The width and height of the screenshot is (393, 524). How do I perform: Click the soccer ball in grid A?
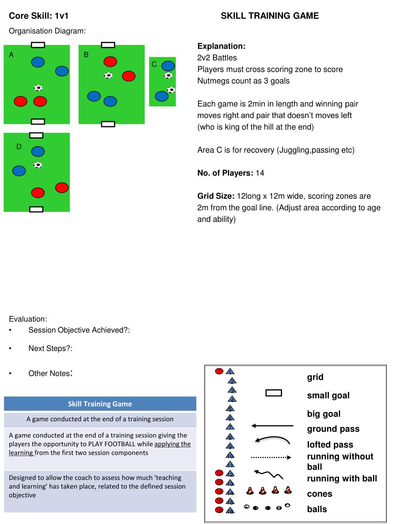point(38,88)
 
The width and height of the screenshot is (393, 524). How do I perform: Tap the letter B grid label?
point(86,55)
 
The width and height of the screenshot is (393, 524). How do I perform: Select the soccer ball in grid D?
point(38,165)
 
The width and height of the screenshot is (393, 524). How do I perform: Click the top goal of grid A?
point(38,45)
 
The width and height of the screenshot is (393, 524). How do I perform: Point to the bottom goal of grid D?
point(36,209)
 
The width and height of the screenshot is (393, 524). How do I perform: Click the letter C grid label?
point(154,64)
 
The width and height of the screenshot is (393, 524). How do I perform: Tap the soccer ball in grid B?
point(109,76)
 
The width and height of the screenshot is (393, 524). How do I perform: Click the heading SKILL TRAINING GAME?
point(269,16)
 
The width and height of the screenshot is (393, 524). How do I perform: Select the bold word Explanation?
point(221,46)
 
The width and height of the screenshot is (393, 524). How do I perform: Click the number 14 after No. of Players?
point(260,173)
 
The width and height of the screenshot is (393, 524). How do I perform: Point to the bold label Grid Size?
point(216,196)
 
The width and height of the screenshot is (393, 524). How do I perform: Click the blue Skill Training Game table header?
point(100,404)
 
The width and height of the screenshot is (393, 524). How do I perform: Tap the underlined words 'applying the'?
point(172,444)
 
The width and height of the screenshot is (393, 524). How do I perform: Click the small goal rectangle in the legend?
point(274,393)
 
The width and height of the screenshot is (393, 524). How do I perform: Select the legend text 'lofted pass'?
point(330,445)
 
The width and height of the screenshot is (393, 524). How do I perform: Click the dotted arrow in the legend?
point(271,457)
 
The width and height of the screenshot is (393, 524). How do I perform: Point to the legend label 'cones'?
point(319,494)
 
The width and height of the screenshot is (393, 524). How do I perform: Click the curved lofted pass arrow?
point(272,440)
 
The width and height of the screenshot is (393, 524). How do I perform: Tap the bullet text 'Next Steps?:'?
point(50,349)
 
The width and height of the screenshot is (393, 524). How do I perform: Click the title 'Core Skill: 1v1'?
point(38,16)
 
